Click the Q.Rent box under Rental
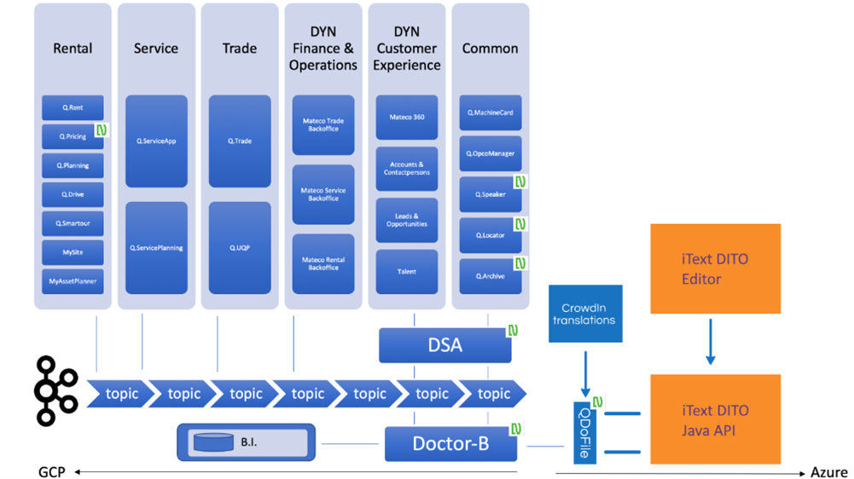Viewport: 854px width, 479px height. pyautogui.click(x=73, y=108)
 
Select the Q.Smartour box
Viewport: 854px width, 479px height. pyautogui.click(x=73, y=223)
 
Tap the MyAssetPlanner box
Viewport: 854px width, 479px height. pyautogui.click(x=73, y=281)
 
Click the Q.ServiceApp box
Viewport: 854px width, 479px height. pyautogui.click(x=156, y=141)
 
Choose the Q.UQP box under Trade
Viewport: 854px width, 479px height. pyautogui.click(x=240, y=248)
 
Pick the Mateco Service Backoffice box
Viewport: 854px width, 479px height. pyautogui.click(x=323, y=194)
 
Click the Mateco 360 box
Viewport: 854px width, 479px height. pyautogui.click(x=407, y=117)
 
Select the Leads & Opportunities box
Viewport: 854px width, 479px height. pyautogui.click(x=407, y=220)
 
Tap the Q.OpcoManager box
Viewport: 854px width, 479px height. pyautogui.click(x=491, y=153)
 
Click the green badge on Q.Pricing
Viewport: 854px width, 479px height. pyautogui.click(x=102, y=130)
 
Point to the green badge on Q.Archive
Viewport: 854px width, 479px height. pyautogui.click(x=520, y=263)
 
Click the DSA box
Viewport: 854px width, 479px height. pyautogui.click(x=444, y=345)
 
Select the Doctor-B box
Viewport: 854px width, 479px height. pyautogui.click(x=450, y=444)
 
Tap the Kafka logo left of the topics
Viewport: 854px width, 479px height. pyautogui.click(x=55, y=392)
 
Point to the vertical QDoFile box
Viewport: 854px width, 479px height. pyautogui.click(x=584, y=431)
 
